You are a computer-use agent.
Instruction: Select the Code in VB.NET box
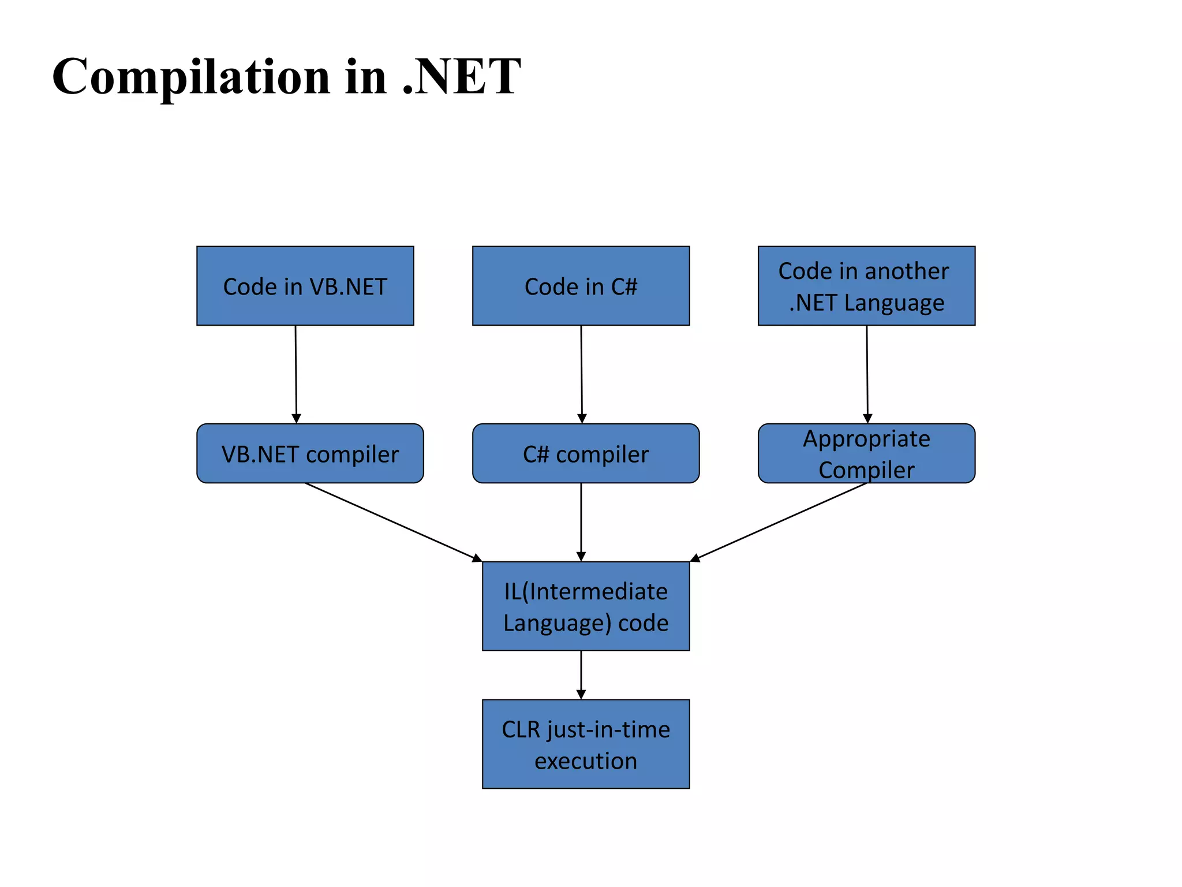[305, 286]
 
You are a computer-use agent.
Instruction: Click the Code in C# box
[581, 286]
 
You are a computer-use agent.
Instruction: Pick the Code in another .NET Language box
[866, 286]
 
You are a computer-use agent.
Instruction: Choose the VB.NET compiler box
[310, 454]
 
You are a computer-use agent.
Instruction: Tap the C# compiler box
[585, 454]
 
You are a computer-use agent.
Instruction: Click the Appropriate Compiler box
[866, 454]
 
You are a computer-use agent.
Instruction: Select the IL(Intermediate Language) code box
[585, 606]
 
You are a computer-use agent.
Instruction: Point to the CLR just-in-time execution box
[585, 744]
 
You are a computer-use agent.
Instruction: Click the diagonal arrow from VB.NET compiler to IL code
[392, 521]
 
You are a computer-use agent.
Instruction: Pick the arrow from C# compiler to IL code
[581, 521]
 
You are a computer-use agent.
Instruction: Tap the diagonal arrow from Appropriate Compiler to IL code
[779, 521]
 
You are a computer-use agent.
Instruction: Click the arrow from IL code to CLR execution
[581, 674]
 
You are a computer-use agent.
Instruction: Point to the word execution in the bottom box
[585, 761]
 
